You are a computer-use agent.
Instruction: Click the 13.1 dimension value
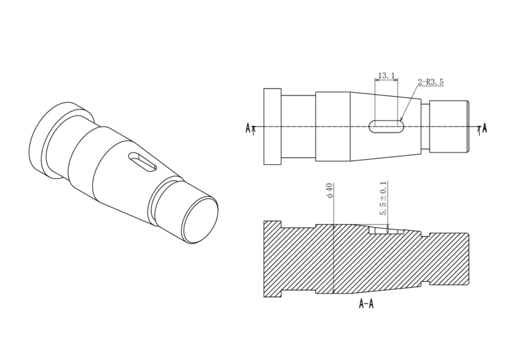coord(386,76)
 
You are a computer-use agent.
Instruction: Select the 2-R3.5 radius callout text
coord(430,82)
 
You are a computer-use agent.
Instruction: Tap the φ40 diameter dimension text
coord(329,190)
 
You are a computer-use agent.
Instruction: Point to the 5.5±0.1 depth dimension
coord(383,198)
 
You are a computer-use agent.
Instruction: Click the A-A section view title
coord(366,304)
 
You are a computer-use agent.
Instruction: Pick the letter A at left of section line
coord(248,128)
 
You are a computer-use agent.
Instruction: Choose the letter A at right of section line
coord(484,128)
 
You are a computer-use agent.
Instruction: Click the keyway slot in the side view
coord(386,126)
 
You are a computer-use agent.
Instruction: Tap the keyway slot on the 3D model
coord(142,161)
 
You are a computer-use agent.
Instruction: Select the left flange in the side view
coord(272,126)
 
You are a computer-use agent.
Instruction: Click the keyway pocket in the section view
coord(386,230)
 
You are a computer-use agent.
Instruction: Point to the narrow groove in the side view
coord(425,126)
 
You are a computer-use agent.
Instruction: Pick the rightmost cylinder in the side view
coord(449,126)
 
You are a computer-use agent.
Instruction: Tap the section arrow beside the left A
coord(254,130)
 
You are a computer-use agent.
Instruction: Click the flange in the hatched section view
coord(272,259)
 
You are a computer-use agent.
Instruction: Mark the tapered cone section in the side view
coord(386,126)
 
